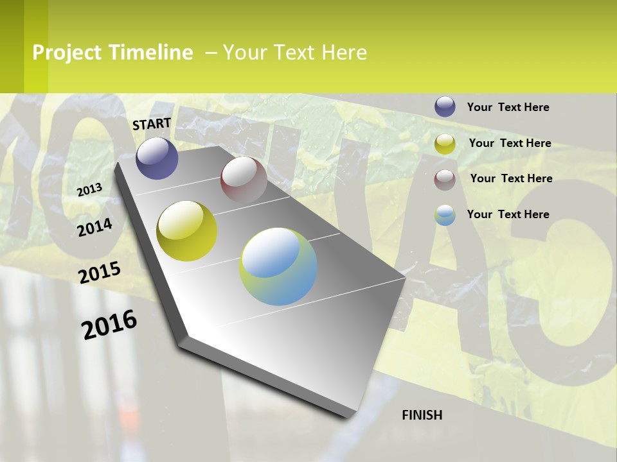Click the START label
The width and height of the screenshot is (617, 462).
(152, 124)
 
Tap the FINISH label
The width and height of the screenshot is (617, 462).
(422, 415)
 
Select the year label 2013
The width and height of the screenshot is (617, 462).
(89, 189)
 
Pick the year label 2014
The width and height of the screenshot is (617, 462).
(94, 227)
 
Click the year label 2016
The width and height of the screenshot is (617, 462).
(109, 325)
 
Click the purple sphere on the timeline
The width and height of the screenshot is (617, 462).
(157, 158)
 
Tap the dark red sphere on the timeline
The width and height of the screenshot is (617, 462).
(244, 180)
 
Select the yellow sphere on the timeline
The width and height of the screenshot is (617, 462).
(187, 231)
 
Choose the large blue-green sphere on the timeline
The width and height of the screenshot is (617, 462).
(278, 266)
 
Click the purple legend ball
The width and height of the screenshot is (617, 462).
(445, 107)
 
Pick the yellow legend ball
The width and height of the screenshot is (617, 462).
(445, 144)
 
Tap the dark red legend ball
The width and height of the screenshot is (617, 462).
(445, 180)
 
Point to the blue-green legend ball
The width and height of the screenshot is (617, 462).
(445, 215)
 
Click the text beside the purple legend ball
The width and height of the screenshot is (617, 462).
(508, 107)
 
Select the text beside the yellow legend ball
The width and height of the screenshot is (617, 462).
(510, 143)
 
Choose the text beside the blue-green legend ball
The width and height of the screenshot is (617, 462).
(508, 214)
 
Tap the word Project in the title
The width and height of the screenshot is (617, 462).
(67, 53)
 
